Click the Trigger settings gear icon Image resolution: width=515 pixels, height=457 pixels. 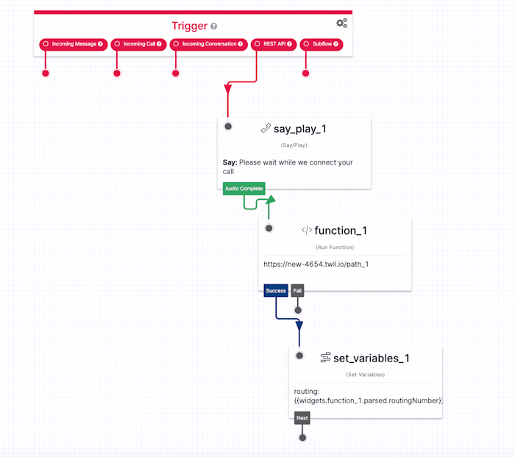click(341, 24)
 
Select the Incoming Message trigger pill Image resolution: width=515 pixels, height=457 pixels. click(73, 44)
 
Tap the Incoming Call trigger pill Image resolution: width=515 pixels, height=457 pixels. click(139, 44)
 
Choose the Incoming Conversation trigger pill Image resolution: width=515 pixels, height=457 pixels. click(208, 44)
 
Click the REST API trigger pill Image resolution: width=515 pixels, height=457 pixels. click(273, 44)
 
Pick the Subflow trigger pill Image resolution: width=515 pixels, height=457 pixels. click(321, 44)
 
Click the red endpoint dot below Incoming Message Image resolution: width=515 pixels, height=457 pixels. click(46, 73)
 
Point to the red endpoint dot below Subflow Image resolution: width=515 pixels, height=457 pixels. click(306, 73)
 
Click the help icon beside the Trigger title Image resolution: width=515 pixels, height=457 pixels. click(214, 26)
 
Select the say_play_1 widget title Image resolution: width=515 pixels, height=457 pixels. click(299, 129)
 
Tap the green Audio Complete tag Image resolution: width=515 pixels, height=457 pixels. click(244, 189)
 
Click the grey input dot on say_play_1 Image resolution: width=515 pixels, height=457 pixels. click(228, 126)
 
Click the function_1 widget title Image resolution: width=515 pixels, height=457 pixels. click(340, 231)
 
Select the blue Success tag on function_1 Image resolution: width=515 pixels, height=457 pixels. click(276, 291)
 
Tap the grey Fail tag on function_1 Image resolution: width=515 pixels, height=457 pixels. click(297, 291)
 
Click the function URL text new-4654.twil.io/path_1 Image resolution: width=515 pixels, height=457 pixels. click(316, 264)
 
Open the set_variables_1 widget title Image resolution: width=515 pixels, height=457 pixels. click(371, 358)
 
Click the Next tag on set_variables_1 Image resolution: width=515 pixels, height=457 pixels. click(302, 418)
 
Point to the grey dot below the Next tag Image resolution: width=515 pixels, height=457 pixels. click(302, 437)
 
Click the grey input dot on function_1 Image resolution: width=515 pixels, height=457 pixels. click(269, 228)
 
